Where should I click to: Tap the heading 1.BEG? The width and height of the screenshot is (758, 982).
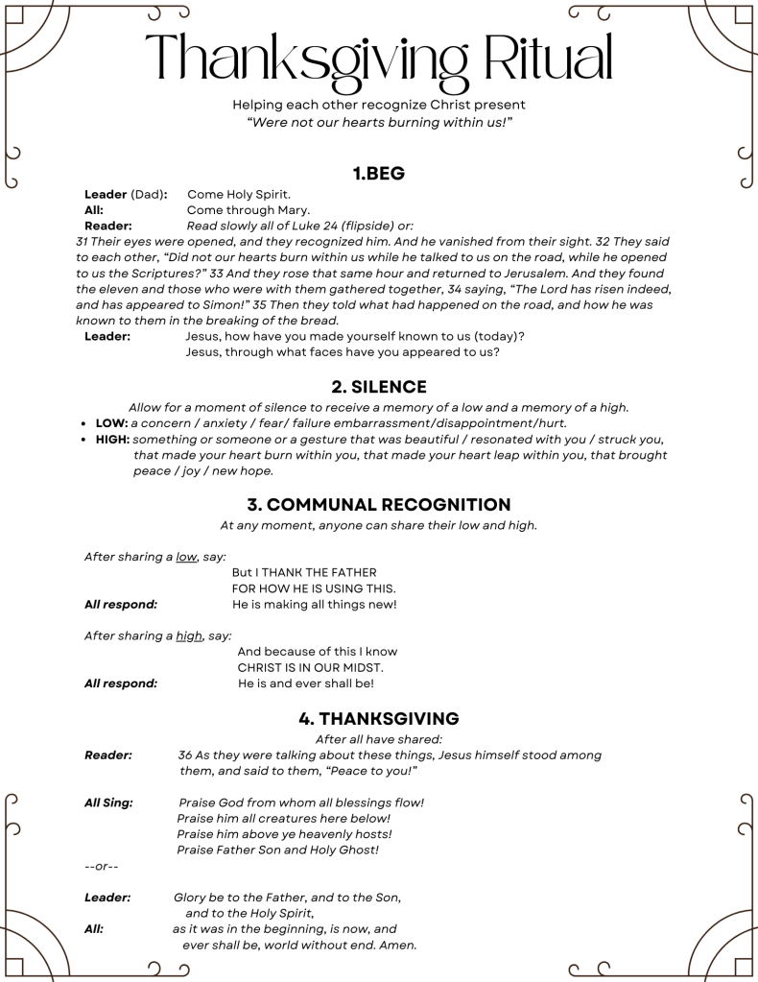point(379,174)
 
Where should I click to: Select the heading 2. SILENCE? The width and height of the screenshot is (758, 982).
point(379,387)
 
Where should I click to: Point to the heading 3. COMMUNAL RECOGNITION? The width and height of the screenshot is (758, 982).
point(379,504)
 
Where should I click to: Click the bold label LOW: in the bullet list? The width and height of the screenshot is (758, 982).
point(112,423)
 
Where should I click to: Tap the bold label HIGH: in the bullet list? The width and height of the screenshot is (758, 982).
point(113,440)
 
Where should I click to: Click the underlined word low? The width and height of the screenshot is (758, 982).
point(186,556)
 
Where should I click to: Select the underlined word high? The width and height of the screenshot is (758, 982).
point(189,635)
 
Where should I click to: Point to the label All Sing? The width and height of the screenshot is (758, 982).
point(108,802)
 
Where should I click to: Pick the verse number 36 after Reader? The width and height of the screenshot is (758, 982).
point(185,755)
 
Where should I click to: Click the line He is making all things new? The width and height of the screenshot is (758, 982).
point(315,605)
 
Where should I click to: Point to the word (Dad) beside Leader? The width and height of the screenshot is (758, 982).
point(148,194)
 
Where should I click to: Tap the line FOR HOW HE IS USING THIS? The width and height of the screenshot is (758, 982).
point(314,587)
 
